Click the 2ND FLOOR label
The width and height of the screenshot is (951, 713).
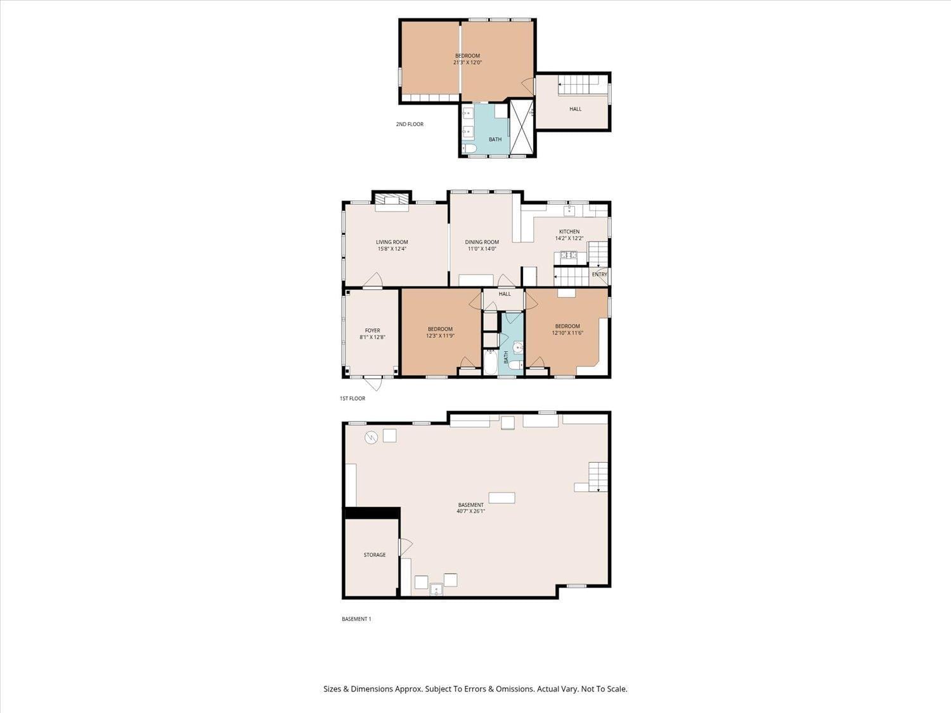tap(410, 124)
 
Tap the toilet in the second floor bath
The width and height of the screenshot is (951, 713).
tap(469, 149)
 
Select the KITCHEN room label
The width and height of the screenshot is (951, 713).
tap(569, 232)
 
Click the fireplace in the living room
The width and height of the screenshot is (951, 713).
tap(391, 202)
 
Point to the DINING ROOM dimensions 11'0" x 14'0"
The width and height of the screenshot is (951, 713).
tap(482, 249)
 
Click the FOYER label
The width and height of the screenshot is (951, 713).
tap(372, 330)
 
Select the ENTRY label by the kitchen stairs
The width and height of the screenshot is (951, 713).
tap(599, 274)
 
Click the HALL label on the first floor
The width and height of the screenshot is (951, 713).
tap(505, 294)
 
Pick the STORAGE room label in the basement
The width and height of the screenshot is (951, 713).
tap(374, 555)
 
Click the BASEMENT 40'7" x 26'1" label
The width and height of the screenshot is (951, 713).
tap(470, 508)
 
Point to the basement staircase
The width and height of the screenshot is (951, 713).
tap(598, 477)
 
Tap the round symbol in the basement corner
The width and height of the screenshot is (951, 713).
tap(371, 437)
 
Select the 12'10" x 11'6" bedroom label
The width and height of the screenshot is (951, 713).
tap(567, 330)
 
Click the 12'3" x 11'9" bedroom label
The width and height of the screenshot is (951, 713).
tap(440, 332)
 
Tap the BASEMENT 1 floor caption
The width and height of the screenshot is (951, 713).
tap(356, 619)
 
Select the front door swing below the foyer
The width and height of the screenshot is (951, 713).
tap(373, 383)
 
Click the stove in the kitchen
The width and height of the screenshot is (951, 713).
tap(566, 256)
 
